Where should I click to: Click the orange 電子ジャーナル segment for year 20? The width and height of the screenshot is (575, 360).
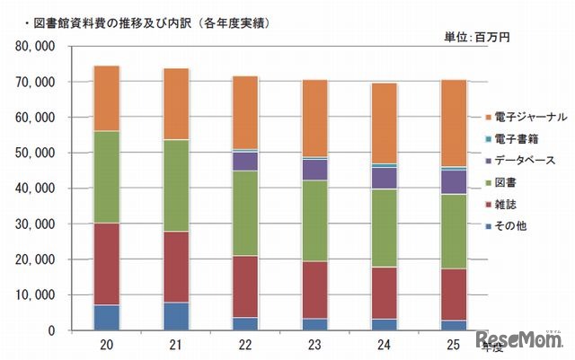(x=119, y=99)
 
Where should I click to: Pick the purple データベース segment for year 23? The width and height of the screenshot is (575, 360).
(x=314, y=170)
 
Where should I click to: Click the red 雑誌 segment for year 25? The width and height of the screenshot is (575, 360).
(x=454, y=294)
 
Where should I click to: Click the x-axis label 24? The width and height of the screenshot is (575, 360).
(x=385, y=345)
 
